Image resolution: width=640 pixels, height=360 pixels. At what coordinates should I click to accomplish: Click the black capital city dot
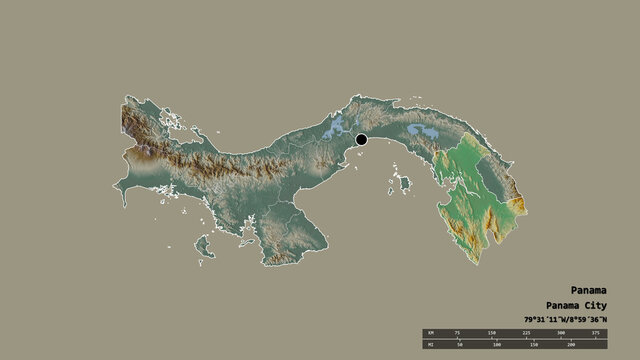tap(361, 141)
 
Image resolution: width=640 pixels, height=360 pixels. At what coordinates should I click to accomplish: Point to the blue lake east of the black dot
tap(422, 133)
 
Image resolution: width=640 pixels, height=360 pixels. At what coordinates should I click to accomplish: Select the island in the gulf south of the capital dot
tap(404, 184)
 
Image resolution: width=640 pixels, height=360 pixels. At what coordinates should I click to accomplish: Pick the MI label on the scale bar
tap(430, 345)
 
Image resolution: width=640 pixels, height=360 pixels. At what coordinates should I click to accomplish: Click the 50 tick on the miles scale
tap(465, 345)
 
